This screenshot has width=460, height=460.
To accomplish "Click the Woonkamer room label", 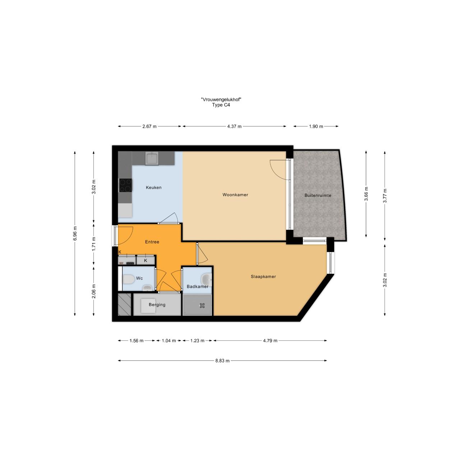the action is (235, 195).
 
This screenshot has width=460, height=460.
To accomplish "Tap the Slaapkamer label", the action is (263, 277).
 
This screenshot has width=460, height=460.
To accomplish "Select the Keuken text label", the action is (153, 188).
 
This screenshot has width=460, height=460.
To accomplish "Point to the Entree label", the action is (152, 242).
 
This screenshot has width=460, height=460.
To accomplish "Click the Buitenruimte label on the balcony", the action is (318, 195).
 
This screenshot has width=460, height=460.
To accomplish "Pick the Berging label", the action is (157, 305).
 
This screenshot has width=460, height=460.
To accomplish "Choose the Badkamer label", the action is (197, 286).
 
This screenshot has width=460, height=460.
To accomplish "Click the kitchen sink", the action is (152, 158).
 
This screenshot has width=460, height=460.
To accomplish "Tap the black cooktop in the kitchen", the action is (125, 185).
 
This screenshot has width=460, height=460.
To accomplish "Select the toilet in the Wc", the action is (128, 279).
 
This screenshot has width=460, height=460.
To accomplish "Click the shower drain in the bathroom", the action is (202, 305).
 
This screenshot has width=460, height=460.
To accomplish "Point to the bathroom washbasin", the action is (207, 279).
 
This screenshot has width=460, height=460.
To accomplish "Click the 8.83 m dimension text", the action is (222, 361).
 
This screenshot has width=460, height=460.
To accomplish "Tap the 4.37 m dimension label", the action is (234, 126).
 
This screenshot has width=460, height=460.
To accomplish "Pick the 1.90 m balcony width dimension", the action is (316, 126).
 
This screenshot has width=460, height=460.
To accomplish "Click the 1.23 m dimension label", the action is (197, 341).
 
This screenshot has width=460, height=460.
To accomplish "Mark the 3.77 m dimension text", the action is (385, 196).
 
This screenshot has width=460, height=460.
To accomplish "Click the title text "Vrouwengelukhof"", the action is (221, 100).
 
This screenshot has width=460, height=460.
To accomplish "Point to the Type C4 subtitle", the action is (221, 105).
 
